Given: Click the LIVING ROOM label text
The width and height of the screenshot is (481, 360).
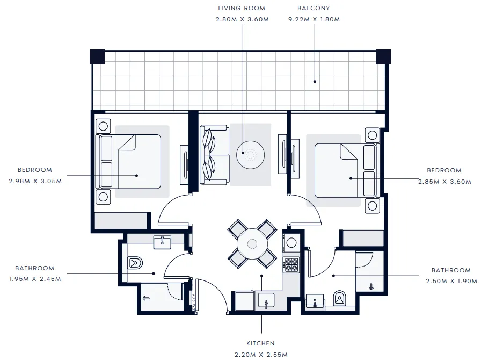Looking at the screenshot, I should coord(242,9).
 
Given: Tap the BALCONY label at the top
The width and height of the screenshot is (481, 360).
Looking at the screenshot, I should coord(314,9).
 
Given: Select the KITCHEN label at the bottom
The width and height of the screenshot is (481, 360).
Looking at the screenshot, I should coord(261,343).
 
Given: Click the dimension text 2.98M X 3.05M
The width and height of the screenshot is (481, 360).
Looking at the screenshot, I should coord(35,181).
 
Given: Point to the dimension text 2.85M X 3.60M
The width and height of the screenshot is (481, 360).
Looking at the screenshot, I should coord(444,182).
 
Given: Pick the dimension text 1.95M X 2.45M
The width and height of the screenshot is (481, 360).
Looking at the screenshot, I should coord(35,279).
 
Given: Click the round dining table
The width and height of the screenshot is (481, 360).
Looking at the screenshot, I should coord(252,243).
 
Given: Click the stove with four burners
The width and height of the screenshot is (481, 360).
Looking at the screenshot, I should coord(291,264).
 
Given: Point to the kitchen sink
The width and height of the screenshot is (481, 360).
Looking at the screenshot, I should coord(266,301).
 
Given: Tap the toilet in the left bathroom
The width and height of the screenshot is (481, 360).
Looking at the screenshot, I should coord(135,263).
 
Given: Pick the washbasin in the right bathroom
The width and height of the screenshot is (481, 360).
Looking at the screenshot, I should coord(315,301).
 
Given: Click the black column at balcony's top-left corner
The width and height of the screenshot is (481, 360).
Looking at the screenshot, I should coord(97,56).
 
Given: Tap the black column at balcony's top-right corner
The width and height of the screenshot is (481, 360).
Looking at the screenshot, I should coord(383,56).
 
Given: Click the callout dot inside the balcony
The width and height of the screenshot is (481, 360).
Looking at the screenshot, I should coord(315,82).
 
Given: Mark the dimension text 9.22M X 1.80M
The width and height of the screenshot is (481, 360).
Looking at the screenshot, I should coord(314,19).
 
